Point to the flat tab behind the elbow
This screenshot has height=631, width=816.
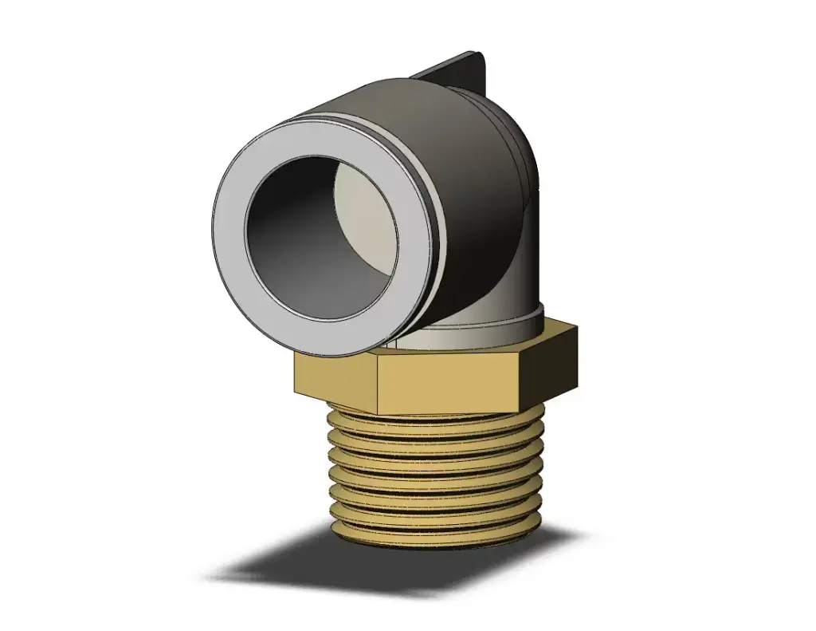[454, 72]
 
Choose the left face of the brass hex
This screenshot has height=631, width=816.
[335, 379]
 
